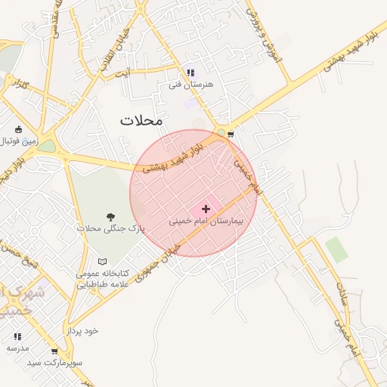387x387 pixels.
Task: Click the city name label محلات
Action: tap(141, 120)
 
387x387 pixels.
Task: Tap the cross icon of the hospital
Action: tap(206, 208)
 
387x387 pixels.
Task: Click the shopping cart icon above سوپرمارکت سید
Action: tap(54, 351)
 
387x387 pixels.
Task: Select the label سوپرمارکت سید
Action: tap(55, 363)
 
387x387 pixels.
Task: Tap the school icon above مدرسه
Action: tap(17, 336)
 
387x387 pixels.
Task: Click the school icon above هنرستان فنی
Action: tap(190, 73)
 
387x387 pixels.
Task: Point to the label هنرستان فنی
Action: tap(191, 85)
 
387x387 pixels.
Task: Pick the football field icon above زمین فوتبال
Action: tap(18, 129)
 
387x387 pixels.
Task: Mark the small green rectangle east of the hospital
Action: tap(337, 249)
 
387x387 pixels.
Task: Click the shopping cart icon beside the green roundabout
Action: tap(231, 135)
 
